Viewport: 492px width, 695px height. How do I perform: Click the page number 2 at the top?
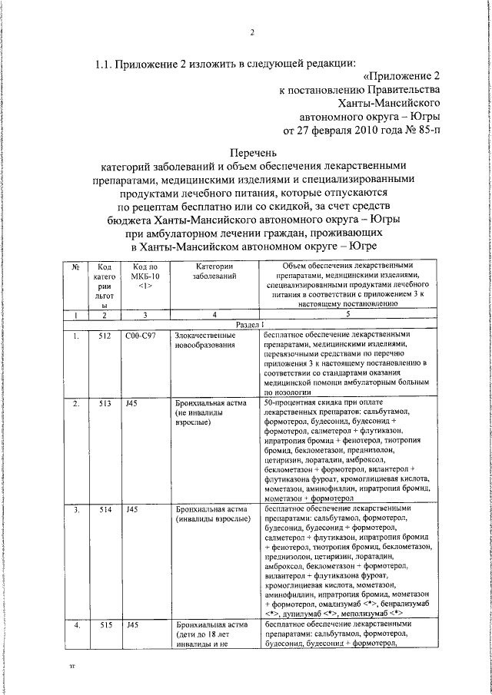point(251,31)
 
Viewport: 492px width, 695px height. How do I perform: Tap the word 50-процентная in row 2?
point(288,402)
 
